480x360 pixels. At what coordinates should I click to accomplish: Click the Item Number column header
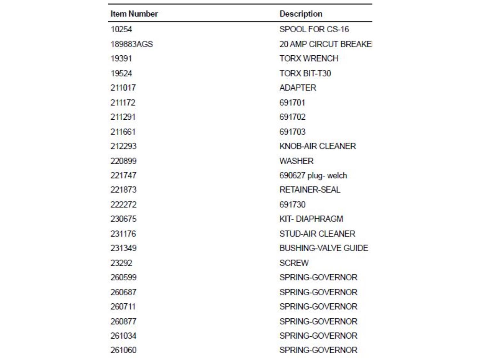pyautogui.click(x=134, y=14)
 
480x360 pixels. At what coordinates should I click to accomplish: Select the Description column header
pyautogui.click(x=301, y=14)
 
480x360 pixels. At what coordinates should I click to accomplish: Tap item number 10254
pyautogui.click(x=121, y=29)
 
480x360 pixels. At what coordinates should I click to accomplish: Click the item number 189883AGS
pyautogui.click(x=132, y=44)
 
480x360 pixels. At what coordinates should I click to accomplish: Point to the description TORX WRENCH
pyautogui.click(x=309, y=59)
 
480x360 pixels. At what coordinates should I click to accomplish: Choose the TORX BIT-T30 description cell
pyautogui.click(x=305, y=73)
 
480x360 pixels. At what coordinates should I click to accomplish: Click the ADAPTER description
pyautogui.click(x=298, y=88)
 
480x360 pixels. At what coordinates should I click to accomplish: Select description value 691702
pyautogui.click(x=292, y=117)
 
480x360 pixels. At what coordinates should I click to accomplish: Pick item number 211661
pyautogui.click(x=123, y=132)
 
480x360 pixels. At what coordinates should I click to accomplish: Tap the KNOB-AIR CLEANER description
pyautogui.click(x=317, y=146)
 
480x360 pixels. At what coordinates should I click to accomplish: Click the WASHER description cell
pyautogui.click(x=296, y=161)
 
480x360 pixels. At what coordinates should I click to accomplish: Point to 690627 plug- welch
pyautogui.click(x=313, y=175)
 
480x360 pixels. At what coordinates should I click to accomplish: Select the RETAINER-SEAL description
pyautogui.click(x=310, y=190)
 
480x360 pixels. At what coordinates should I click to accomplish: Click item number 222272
pyautogui.click(x=124, y=204)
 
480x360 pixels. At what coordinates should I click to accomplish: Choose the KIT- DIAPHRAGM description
pyautogui.click(x=311, y=219)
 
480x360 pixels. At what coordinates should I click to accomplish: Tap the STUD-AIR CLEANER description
pyautogui.click(x=317, y=234)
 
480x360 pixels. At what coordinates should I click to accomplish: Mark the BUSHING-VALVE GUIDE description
pyautogui.click(x=324, y=248)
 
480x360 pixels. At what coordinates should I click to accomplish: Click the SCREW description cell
pyautogui.click(x=294, y=263)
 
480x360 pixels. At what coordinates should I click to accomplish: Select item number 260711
pyautogui.click(x=123, y=307)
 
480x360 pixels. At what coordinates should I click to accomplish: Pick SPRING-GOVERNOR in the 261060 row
pyautogui.click(x=318, y=350)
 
